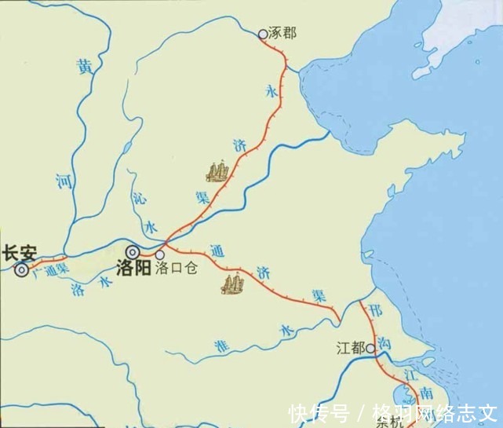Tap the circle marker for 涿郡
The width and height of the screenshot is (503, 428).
click(263, 35)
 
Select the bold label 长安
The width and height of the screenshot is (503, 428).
click(19, 253)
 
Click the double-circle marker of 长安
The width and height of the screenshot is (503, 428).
click(21, 270)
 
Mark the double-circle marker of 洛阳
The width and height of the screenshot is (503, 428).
click(134, 253)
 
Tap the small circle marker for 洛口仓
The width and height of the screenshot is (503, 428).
click(160, 254)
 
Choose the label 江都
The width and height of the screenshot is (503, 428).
click(349, 346)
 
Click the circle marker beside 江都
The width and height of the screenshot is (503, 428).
click(369, 346)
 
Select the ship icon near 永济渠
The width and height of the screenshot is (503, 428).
click(218, 170)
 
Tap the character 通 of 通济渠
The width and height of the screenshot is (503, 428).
click(217, 253)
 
